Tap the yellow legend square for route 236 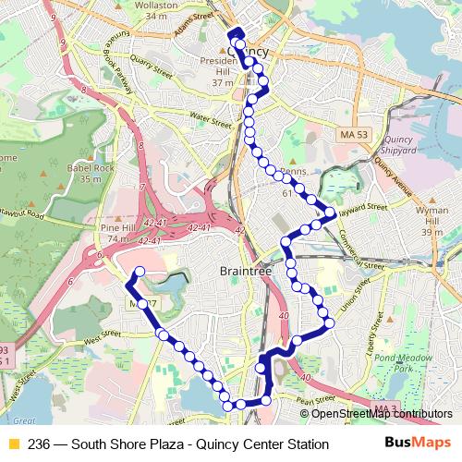pos(13,444)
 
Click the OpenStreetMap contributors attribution pos(378,414)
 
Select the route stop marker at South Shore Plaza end pos(140,272)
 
